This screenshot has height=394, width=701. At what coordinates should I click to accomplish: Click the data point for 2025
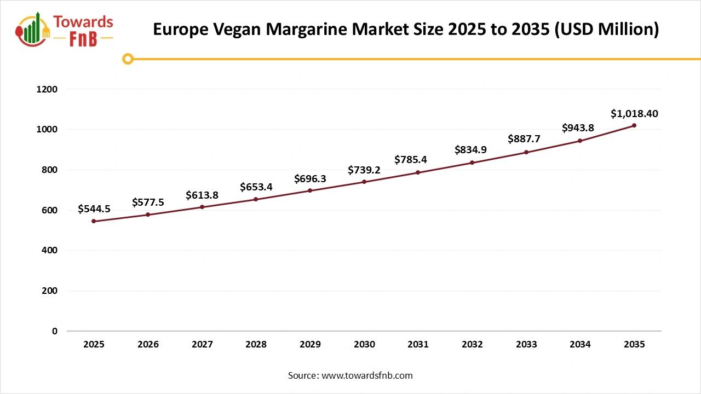coord(94,221)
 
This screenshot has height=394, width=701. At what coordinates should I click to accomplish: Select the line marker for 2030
coord(364,182)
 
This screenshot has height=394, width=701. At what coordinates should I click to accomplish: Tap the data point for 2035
coord(634,125)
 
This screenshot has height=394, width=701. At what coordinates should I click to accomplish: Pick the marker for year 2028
coord(256,199)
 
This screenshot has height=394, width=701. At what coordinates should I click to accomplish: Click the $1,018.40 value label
coord(634,114)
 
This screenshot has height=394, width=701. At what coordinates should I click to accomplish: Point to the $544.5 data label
coord(94,208)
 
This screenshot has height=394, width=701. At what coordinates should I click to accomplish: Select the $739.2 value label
coord(364,170)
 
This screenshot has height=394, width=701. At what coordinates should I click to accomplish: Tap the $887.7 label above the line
coord(526,139)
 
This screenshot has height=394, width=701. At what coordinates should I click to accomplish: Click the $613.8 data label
coord(202,195)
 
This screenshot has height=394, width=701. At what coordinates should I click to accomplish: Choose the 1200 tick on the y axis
coord(46,89)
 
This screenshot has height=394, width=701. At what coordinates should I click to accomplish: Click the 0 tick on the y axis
coord(54,331)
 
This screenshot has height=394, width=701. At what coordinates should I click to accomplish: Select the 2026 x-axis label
coord(148,345)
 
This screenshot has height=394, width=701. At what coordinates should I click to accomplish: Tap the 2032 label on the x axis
coord(472,345)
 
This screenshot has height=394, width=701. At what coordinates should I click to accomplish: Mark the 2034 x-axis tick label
coord(580,345)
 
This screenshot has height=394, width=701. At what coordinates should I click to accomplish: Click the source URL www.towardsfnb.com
coord(367,375)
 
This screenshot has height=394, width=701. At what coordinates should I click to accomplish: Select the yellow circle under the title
coord(128,59)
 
